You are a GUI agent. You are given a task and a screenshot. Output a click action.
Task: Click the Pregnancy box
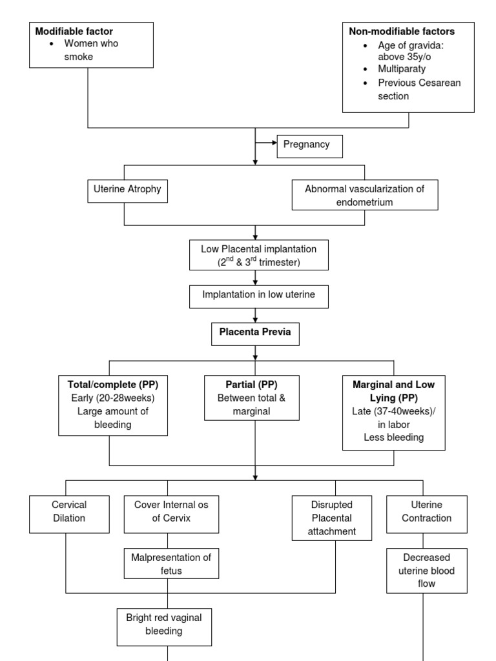[309, 146]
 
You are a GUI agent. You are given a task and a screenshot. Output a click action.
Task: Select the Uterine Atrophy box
[127, 190]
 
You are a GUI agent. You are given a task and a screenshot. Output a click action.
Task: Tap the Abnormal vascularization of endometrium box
[364, 195]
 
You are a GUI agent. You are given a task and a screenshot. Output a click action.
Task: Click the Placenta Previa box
[256, 334]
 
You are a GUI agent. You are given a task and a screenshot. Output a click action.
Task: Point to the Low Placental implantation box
[259, 255]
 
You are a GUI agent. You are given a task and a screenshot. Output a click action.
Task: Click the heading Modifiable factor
[74, 31]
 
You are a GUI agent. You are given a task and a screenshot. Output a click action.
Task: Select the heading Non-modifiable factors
[402, 31]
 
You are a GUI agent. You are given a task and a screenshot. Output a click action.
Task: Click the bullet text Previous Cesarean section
[411, 89]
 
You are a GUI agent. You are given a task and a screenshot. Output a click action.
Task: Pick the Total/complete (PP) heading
[113, 384]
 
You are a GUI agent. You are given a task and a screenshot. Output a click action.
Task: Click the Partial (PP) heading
[252, 384]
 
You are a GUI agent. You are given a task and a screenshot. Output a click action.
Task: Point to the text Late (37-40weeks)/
[394, 412]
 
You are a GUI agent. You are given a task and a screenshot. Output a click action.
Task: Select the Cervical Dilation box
[70, 511]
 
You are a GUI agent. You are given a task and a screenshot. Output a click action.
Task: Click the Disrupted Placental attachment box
[333, 518]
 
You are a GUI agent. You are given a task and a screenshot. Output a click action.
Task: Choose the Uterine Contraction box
[427, 511]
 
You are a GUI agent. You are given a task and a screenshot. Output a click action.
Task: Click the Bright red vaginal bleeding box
[164, 624]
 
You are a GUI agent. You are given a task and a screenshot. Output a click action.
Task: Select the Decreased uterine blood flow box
[426, 570]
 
